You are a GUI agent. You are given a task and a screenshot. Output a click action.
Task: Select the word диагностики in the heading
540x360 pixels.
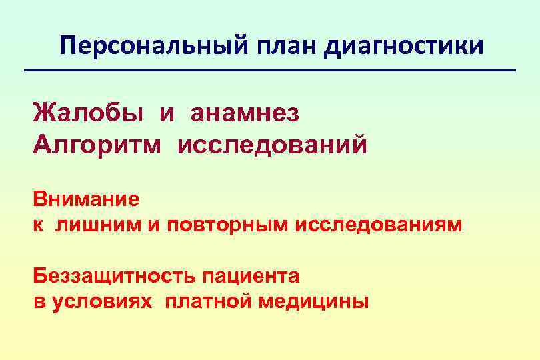point(406,46)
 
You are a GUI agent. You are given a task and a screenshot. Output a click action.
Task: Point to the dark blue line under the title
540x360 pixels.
point(270,71)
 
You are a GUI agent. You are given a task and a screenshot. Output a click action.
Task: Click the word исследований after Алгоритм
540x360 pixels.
point(272,143)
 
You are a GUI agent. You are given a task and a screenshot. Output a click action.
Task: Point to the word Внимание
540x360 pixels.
point(87,199)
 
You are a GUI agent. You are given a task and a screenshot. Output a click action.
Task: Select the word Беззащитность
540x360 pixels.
point(115,276)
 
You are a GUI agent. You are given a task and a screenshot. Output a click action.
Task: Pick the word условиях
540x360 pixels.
point(105,302)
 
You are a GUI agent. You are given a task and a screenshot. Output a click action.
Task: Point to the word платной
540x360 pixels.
point(209,302)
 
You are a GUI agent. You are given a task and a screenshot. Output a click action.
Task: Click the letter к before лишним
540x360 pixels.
point(39,225)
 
